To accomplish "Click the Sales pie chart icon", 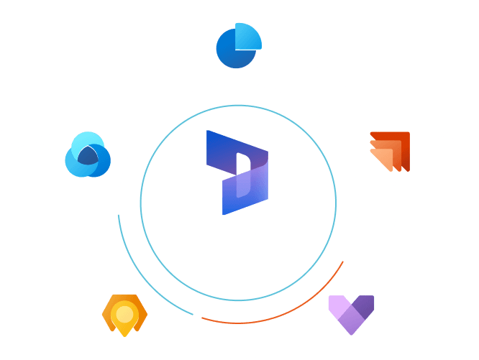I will [239, 45].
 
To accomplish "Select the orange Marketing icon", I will [389, 151].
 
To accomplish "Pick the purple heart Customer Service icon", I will [351, 313].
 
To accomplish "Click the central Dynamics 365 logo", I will [237, 172].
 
